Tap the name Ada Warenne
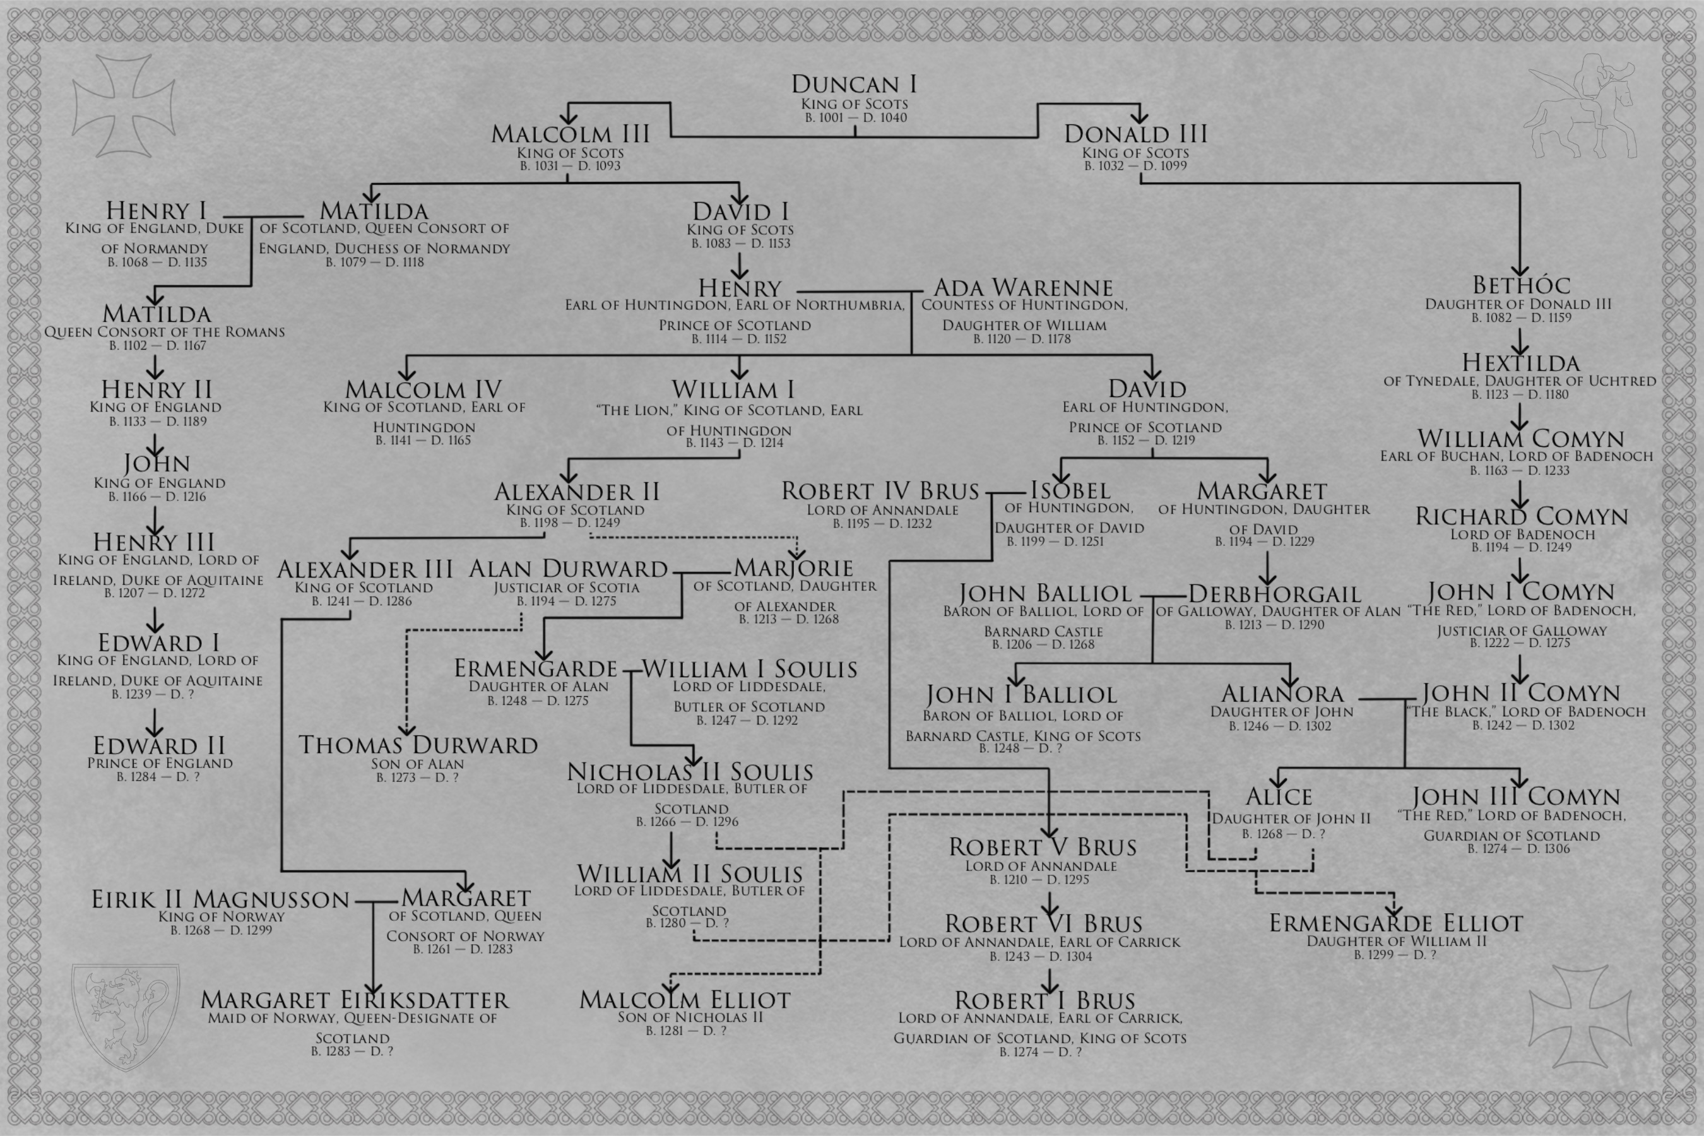click(1023, 288)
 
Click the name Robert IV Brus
click(880, 491)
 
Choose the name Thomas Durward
click(418, 745)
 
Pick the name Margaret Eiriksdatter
click(354, 1000)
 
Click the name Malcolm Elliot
click(685, 1000)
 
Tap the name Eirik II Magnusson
click(220, 899)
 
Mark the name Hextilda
click(1519, 362)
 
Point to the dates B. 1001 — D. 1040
click(856, 117)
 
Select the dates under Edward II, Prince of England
click(158, 777)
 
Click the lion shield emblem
click(126, 1015)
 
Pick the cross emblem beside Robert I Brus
click(1580, 1015)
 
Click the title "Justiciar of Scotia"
click(567, 588)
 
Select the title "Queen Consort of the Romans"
click(165, 332)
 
